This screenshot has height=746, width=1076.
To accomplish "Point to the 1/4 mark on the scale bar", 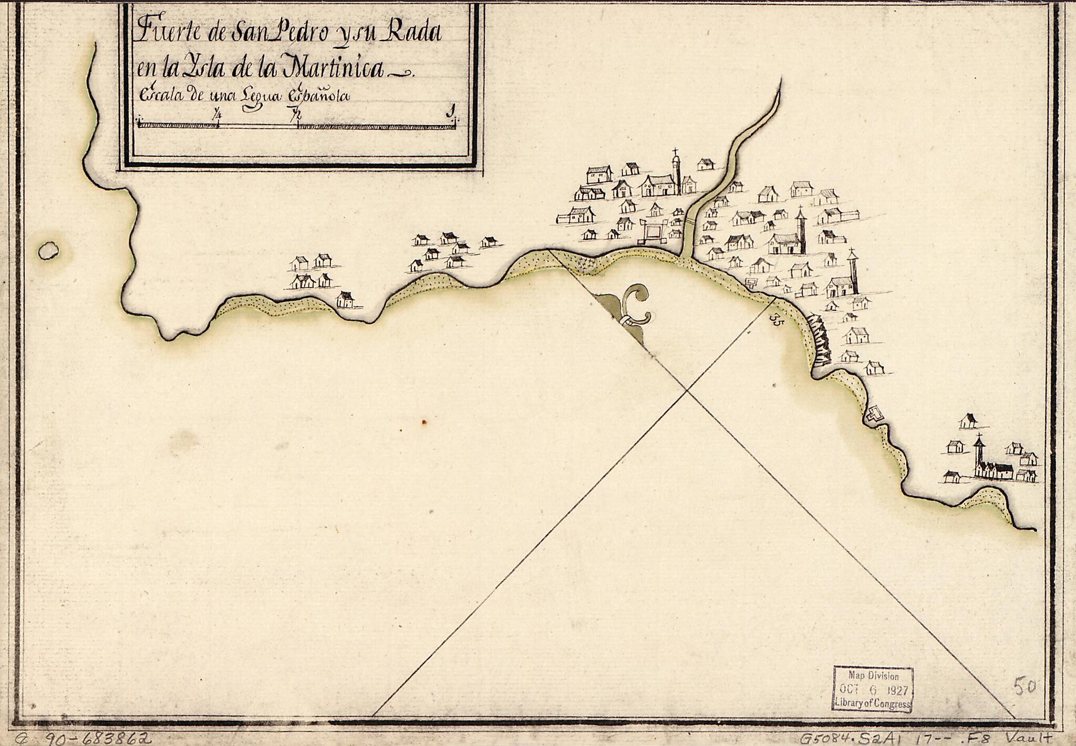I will [x=217, y=115].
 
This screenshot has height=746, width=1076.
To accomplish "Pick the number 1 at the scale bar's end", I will [x=450, y=111].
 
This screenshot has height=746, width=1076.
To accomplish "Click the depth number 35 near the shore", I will [x=775, y=319].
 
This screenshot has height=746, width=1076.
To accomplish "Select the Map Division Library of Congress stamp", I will [x=873, y=689].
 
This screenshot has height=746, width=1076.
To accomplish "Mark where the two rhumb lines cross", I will [x=687, y=390].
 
